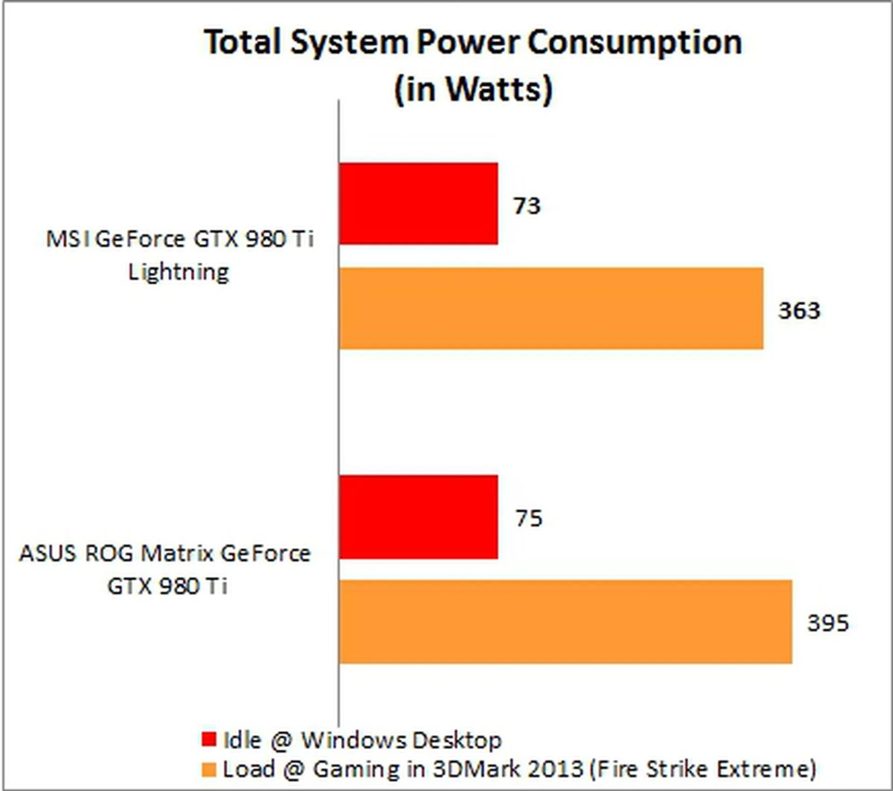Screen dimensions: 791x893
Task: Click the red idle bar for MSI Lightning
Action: [418, 204]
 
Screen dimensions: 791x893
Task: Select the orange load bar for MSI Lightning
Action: [551, 308]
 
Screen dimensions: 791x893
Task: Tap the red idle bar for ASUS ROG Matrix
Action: [418, 517]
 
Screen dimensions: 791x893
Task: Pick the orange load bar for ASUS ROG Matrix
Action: [565, 622]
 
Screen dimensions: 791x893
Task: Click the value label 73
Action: [527, 205]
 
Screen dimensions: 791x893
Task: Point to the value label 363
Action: [799, 310]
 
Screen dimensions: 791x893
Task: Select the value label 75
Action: [529, 518]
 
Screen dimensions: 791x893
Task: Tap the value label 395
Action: [828, 623]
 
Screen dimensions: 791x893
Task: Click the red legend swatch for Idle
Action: [209, 739]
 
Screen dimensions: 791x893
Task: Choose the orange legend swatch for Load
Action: [209, 769]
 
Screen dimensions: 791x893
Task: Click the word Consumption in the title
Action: [634, 43]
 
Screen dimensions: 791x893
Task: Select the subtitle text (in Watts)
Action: [473, 89]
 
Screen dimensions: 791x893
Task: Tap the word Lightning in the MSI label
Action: [179, 272]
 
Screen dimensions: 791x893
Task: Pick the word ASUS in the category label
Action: [47, 554]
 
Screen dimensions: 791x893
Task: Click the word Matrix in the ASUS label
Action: [177, 554]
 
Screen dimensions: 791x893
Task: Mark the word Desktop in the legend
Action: [457, 740]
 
